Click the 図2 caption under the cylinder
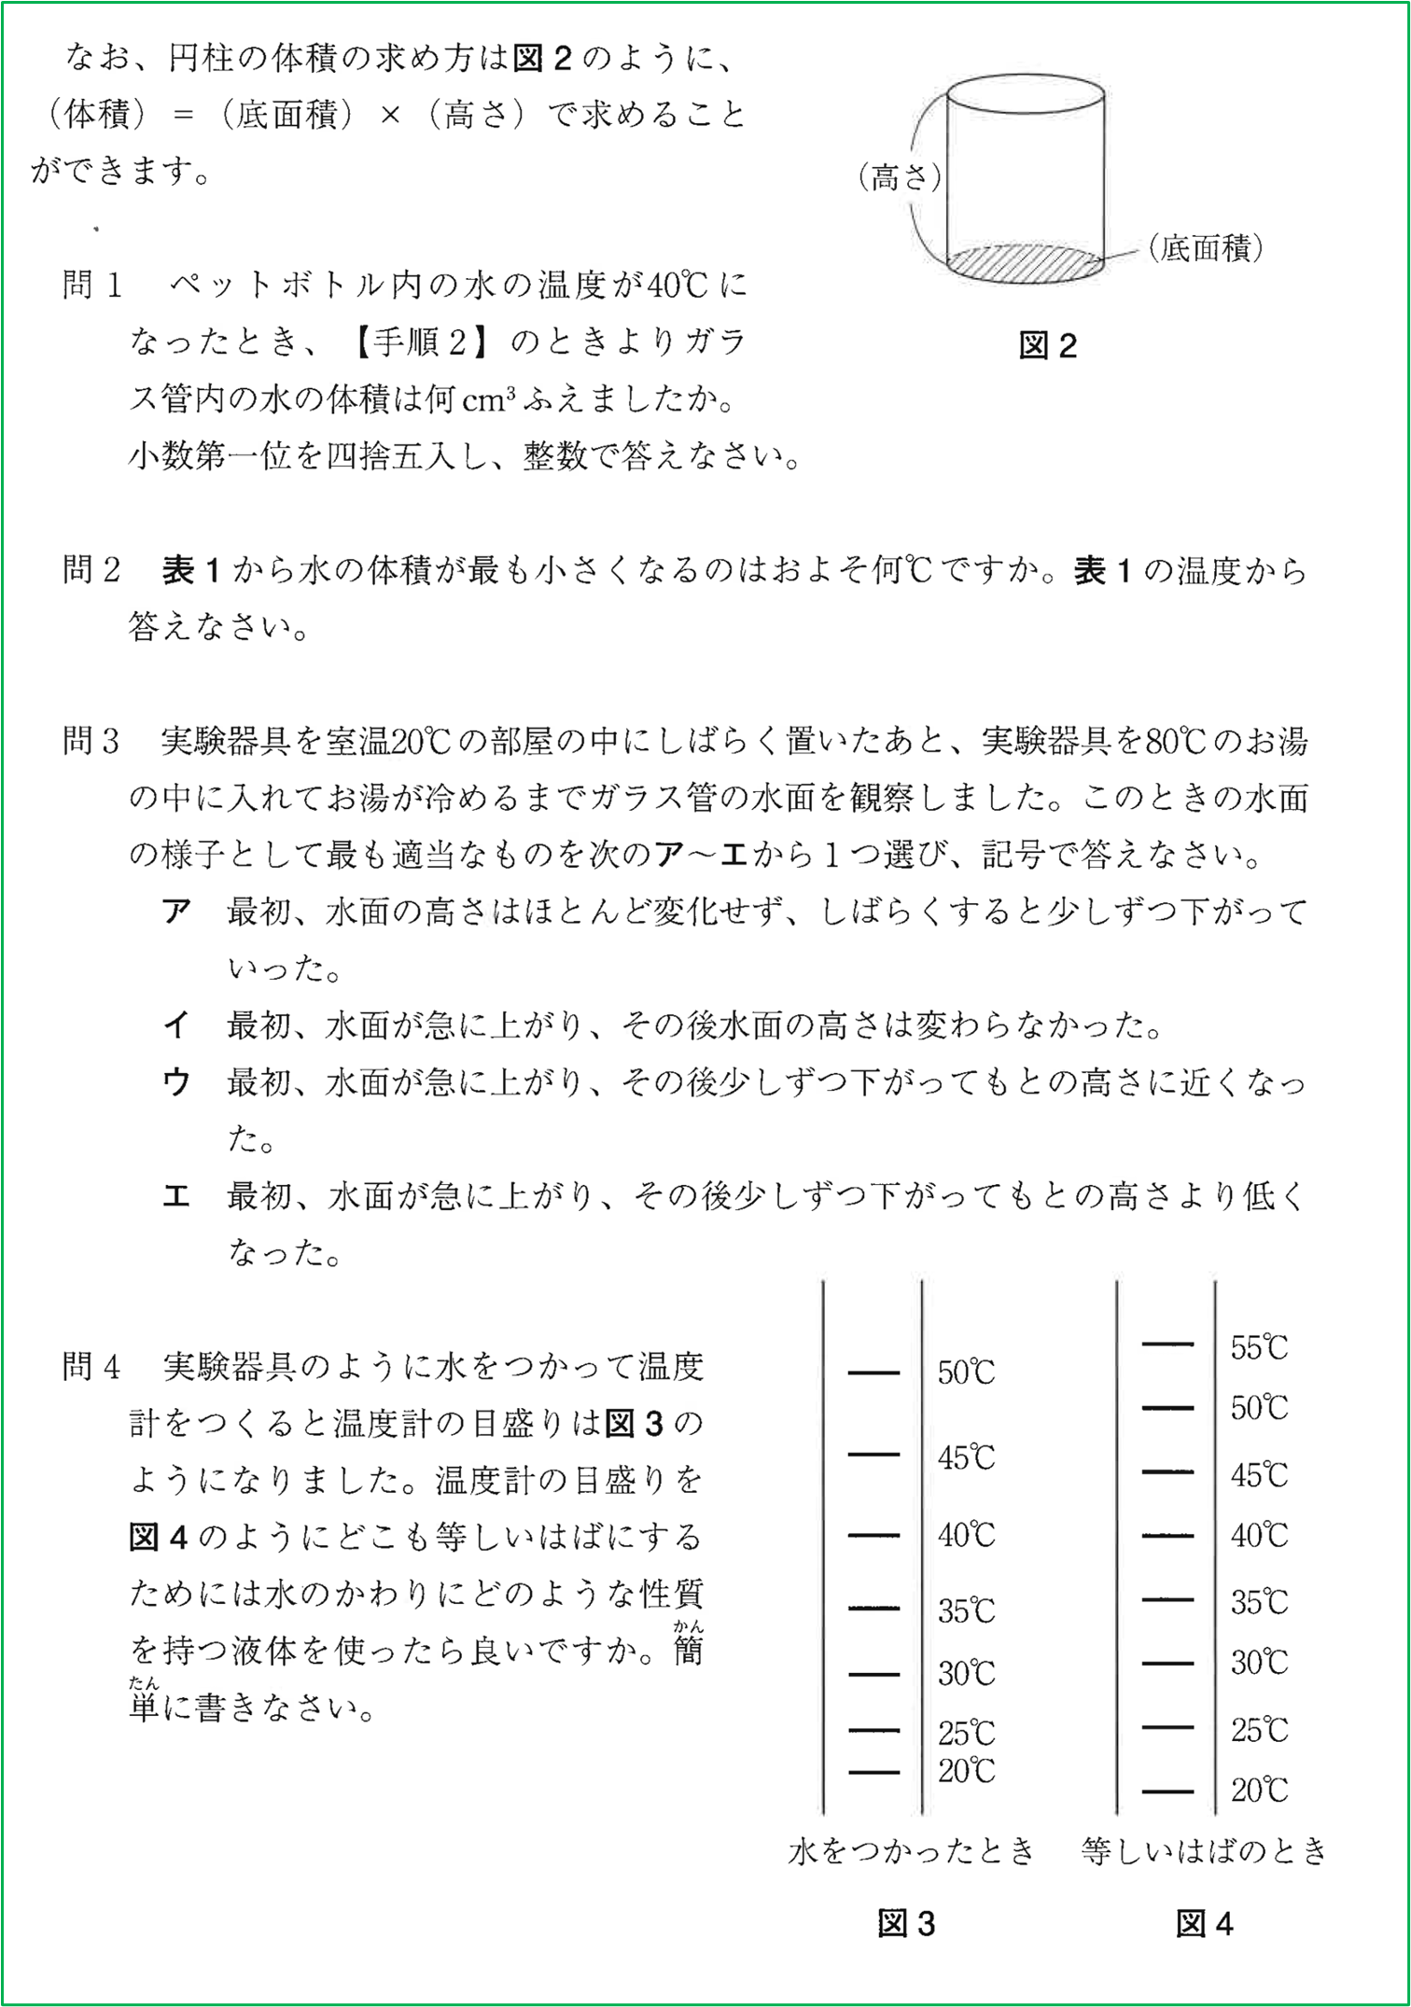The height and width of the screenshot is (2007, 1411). [x=1047, y=346]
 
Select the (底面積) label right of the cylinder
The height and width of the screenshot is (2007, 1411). [x=1207, y=247]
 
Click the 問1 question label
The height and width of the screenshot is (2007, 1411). [x=92, y=285]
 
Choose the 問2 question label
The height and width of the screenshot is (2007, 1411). [x=92, y=570]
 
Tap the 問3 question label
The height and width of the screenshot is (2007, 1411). [x=92, y=742]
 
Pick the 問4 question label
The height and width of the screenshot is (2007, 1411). [x=92, y=1367]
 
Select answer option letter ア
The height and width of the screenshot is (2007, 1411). [x=176, y=912]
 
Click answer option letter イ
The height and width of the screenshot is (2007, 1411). [x=176, y=1026]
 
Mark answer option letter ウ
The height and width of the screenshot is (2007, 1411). [x=176, y=1083]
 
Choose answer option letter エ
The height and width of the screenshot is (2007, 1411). [x=176, y=1197]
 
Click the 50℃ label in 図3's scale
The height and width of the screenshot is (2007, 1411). [x=967, y=1373]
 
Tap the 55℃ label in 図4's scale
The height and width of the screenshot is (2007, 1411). [x=1259, y=1347]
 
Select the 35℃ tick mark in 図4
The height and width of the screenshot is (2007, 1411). [x=1167, y=1599]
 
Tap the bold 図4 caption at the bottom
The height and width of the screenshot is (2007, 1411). [x=1204, y=1924]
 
